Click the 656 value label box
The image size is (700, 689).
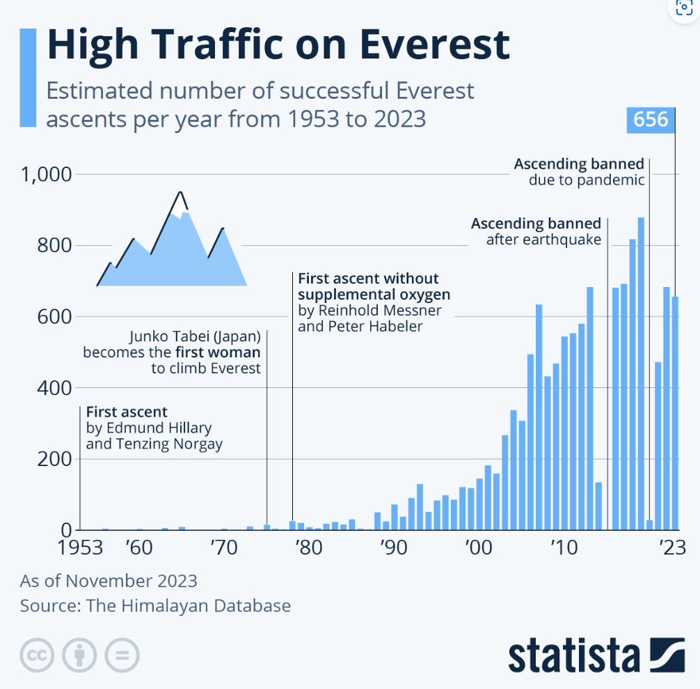point(651,120)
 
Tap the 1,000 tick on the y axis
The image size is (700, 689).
point(47,174)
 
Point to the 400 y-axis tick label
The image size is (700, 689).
point(54,387)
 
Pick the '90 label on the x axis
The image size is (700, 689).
point(393,548)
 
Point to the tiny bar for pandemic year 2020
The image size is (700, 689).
point(649,525)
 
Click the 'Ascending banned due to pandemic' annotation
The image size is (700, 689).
point(579,172)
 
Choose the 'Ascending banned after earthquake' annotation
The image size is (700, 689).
point(536,232)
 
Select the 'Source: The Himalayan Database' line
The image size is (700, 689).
point(155,605)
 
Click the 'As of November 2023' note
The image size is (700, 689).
point(109,580)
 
